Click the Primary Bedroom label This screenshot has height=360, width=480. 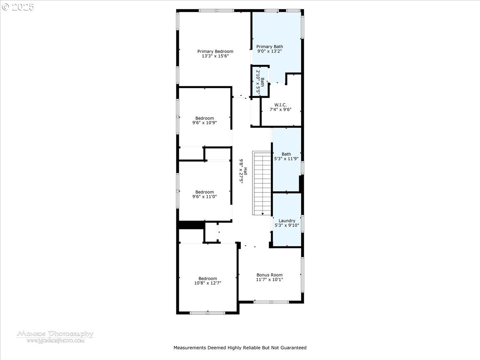tap(215, 51)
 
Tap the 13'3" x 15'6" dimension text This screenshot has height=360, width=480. tap(215, 56)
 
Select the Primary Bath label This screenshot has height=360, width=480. tap(270, 46)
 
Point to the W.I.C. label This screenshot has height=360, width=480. tap(280, 104)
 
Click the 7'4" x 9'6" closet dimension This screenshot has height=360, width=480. tap(280, 110)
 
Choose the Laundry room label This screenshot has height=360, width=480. tap(287, 220)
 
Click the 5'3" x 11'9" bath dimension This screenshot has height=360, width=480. tap(286, 159)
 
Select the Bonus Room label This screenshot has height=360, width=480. tap(269, 275)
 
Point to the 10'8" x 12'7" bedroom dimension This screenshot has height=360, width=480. tap(208, 283)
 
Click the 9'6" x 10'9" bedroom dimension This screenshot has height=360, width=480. tap(204, 123)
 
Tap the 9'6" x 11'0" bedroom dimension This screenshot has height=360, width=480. tap(204, 197)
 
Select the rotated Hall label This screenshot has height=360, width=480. tap(246, 171)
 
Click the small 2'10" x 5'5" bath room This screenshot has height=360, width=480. tap(260, 83)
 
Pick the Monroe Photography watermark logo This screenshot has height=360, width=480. tap(55, 334)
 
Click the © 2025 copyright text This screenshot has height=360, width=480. tap(18, 7)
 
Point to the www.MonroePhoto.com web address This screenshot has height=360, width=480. tap(55, 341)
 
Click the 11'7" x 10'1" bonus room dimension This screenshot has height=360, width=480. tap(269, 280)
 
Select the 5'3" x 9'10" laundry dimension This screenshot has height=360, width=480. tap(287, 226)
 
